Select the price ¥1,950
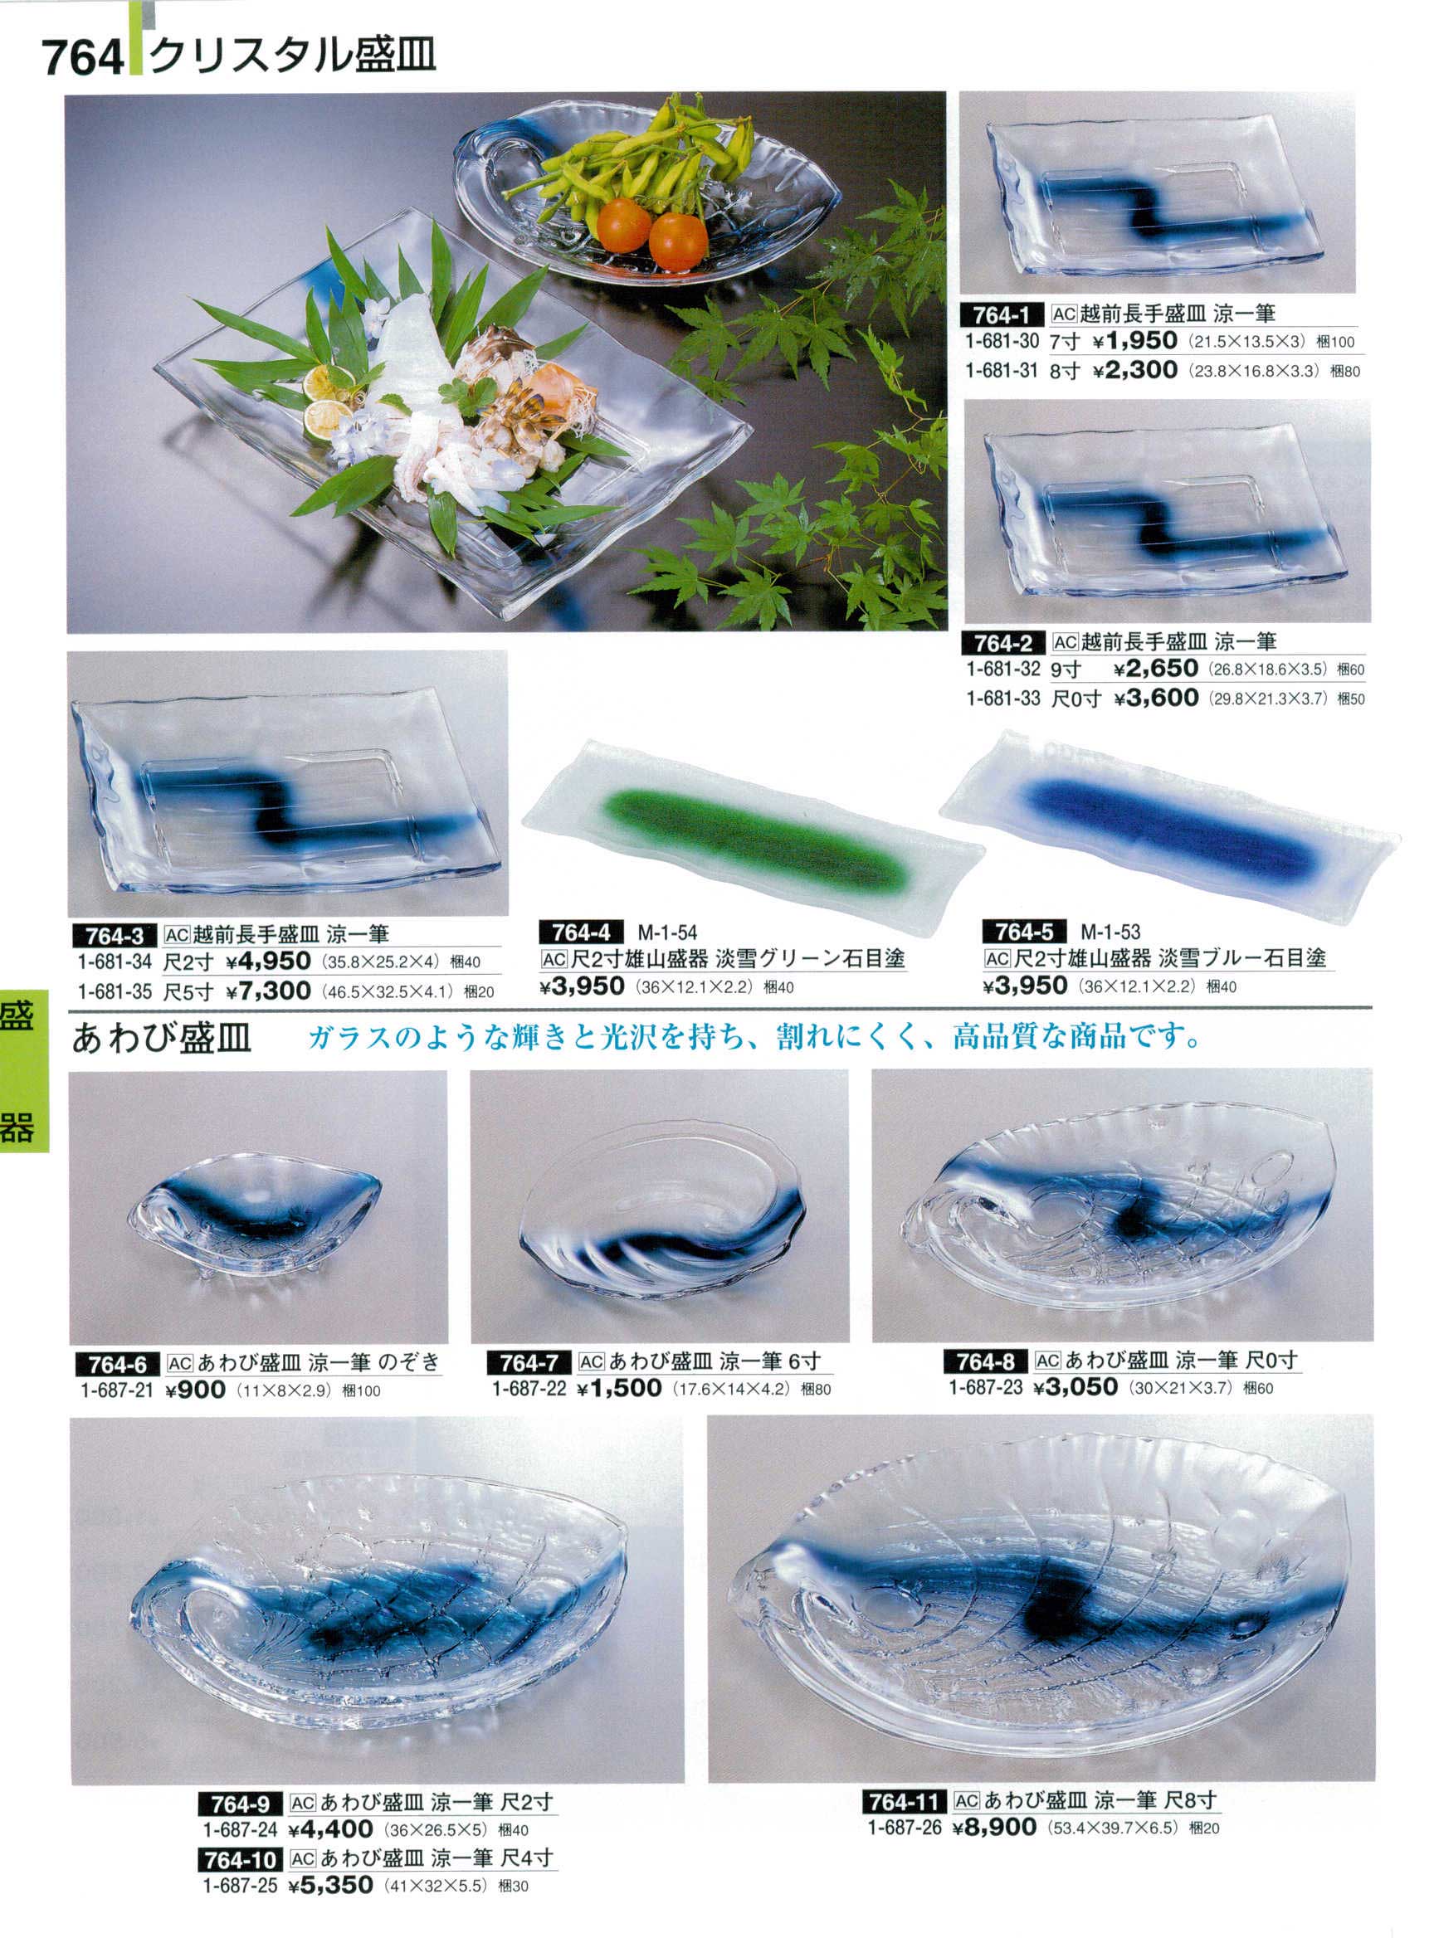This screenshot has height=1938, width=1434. pos(1134,341)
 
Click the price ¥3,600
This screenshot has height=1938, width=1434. pos(1156,698)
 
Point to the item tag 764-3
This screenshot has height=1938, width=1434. pos(115,936)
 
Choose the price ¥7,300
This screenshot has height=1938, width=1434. pos(268,991)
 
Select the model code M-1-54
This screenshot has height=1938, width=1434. pos(667,933)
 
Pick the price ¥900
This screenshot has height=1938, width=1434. pos(195,1390)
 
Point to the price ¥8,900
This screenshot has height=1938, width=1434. pos(994,1803)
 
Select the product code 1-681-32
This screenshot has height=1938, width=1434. pos(1002,670)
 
